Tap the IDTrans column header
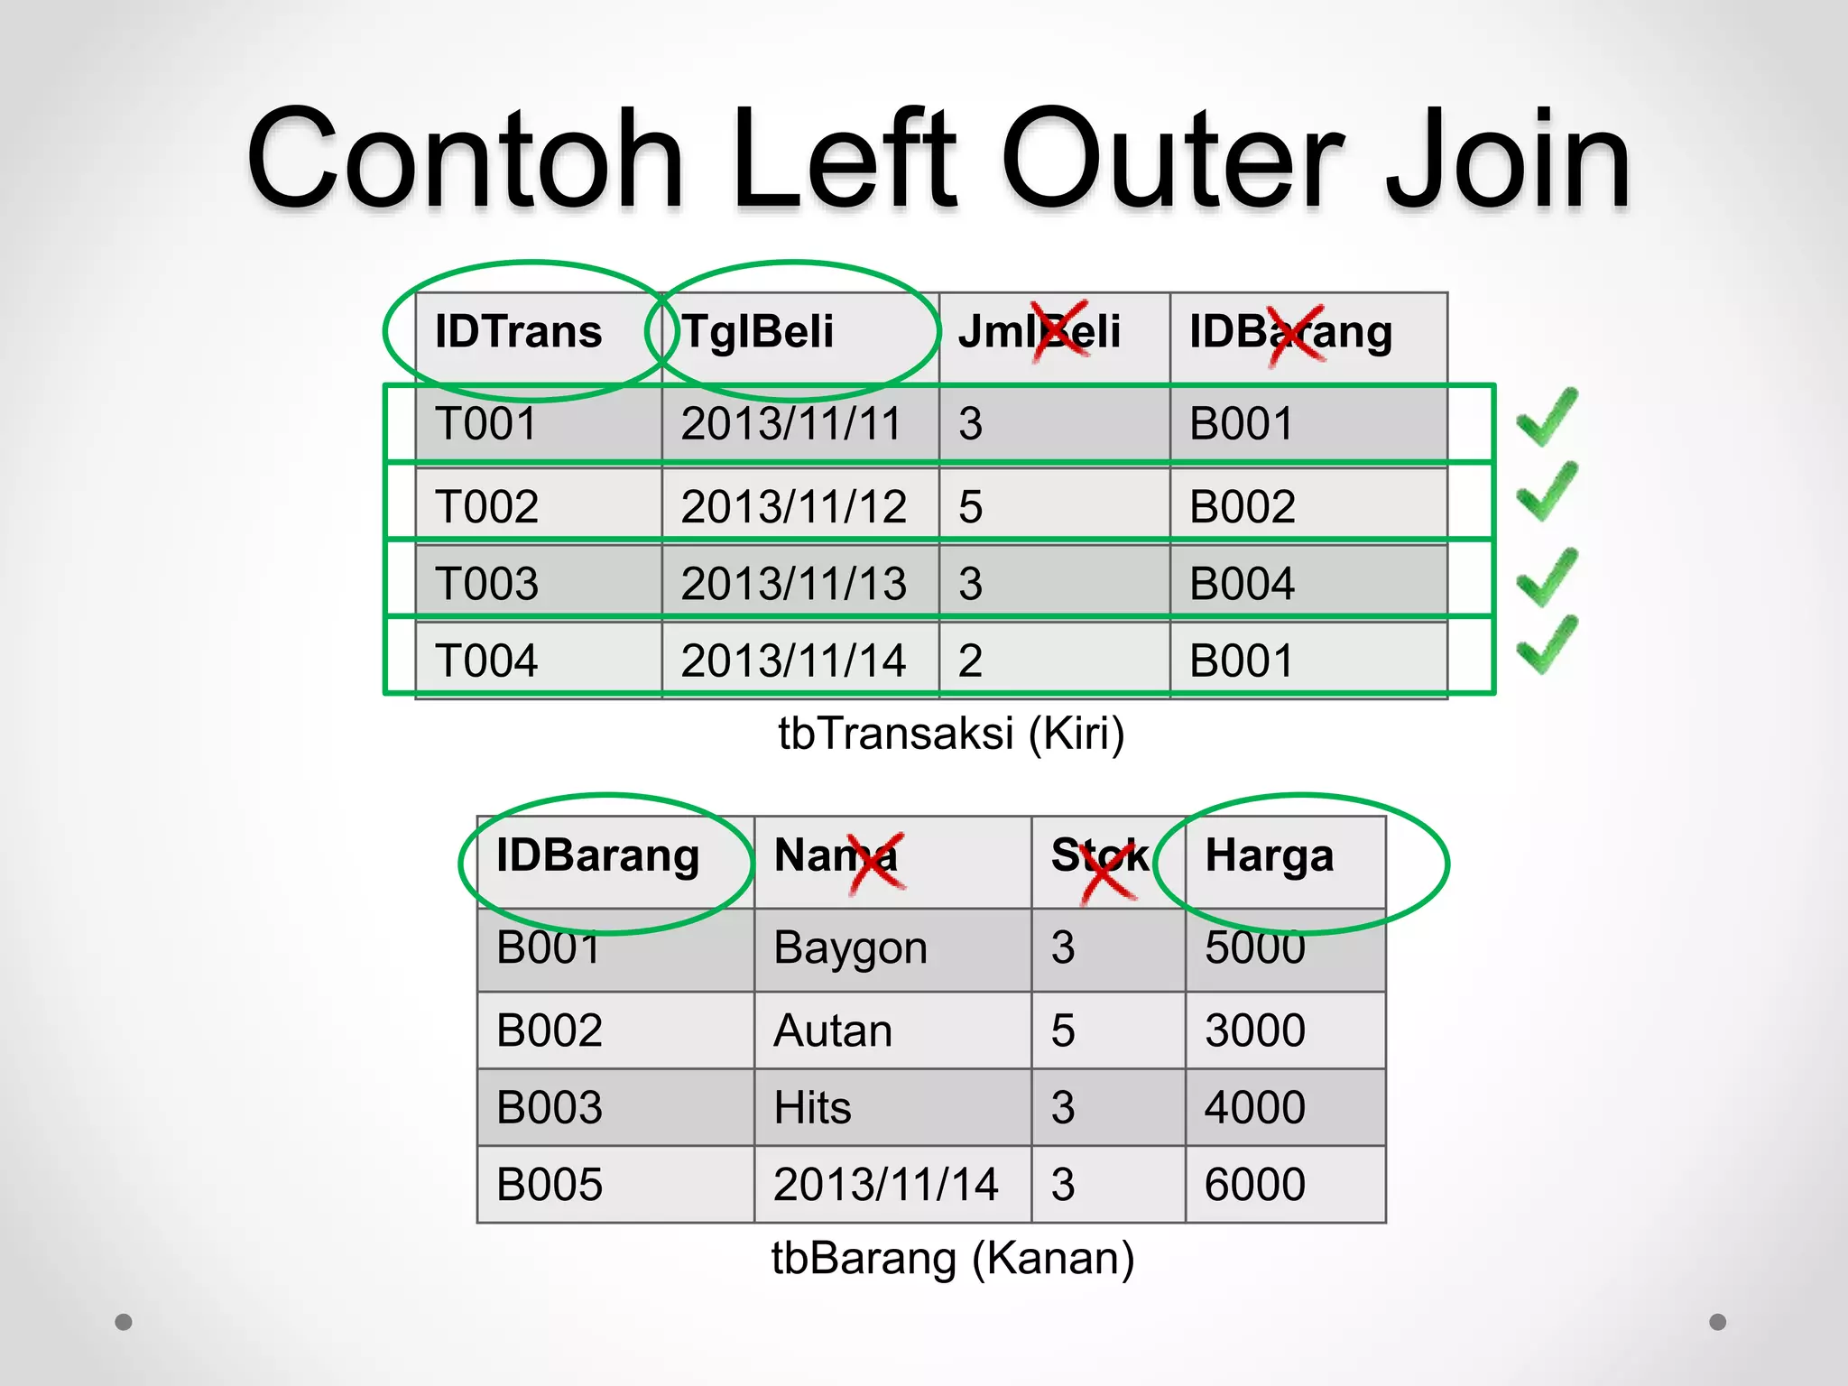click(518, 331)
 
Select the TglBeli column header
click(758, 331)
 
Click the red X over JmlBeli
click(1060, 331)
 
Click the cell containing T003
click(487, 583)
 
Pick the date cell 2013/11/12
click(793, 506)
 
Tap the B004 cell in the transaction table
click(1242, 583)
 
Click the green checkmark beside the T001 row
click(1547, 417)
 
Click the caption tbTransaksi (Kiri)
click(951, 733)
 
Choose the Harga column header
click(1269, 855)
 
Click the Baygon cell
click(850, 948)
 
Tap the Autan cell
click(833, 1030)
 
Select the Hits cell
click(812, 1107)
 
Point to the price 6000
click(1255, 1184)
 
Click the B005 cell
click(550, 1184)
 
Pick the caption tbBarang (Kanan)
click(953, 1258)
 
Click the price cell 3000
click(1255, 1030)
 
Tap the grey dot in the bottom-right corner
click(1718, 1322)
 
